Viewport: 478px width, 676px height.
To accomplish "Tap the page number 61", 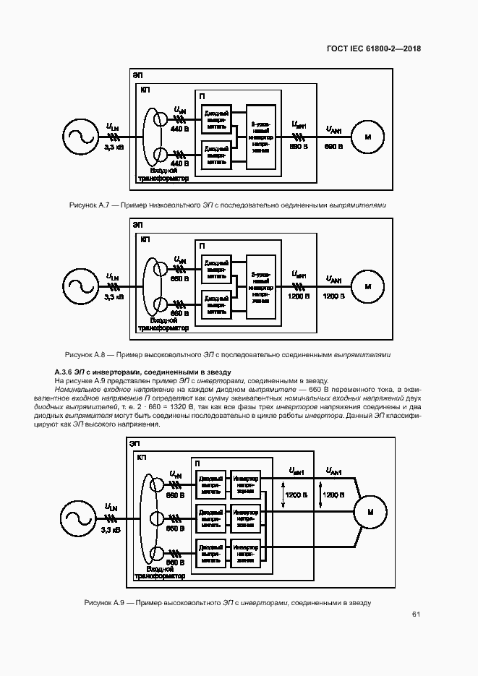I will [416, 615].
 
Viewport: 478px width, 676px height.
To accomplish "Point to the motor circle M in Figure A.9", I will [370, 513].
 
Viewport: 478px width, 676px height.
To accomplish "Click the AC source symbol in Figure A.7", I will [78, 137].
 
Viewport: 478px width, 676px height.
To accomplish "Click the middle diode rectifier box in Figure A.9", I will [210, 518].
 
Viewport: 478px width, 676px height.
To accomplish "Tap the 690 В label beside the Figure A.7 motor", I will [333, 147].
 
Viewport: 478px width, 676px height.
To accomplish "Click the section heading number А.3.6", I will [66, 371].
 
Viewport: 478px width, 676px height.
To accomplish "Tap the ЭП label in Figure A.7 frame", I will [137, 75].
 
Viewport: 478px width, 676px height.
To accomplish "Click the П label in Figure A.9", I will [197, 463].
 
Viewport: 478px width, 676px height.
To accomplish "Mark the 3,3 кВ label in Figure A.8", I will [114, 297].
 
